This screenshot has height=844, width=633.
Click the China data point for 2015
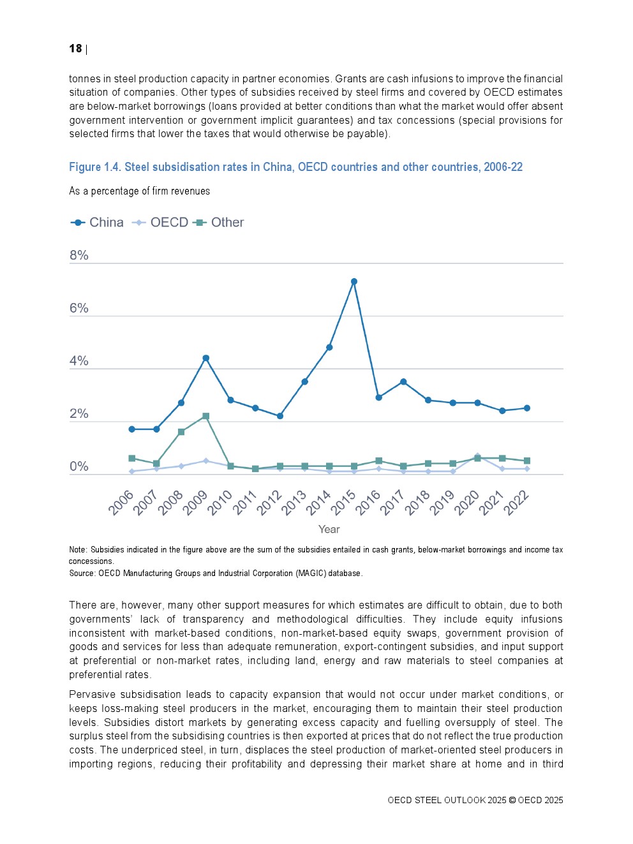pyautogui.click(x=354, y=281)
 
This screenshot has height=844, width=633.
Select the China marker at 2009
pyautogui.click(x=205, y=358)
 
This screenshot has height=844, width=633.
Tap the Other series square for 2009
pyautogui.click(x=205, y=416)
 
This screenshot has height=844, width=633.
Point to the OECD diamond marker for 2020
pyautogui.click(x=477, y=455)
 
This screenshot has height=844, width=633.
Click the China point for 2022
pyautogui.click(x=527, y=408)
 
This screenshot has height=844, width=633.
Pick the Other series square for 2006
pyautogui.click(x=131, y=458)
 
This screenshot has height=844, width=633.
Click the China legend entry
pyautogui.click(x=98, y=223)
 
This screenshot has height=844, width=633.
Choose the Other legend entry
pyautogui.click(x=219, y=223)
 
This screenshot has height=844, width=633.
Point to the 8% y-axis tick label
pyautogui.click(x=79, y=255)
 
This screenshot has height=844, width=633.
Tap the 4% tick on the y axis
pyautogui.click(x=79, y=361)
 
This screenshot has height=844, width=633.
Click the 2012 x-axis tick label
pyautogui.click(x=270, y=503)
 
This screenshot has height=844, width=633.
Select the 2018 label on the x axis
pyautogui.click(x=418, y=503)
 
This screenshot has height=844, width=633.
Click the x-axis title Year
pyautogui.click(x=329, y=529)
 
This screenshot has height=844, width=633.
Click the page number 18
pyautogui.click(x=76, y=48)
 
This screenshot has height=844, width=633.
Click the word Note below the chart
pyautogui.click(x=77, y=550)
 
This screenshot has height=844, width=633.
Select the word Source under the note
pyautogui.click(x=82, y=574)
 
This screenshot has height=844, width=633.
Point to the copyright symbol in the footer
pyautogui.click(x=512, y=801)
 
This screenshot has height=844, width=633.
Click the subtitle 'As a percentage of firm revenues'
pyautogui.click(x=139, y=191)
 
